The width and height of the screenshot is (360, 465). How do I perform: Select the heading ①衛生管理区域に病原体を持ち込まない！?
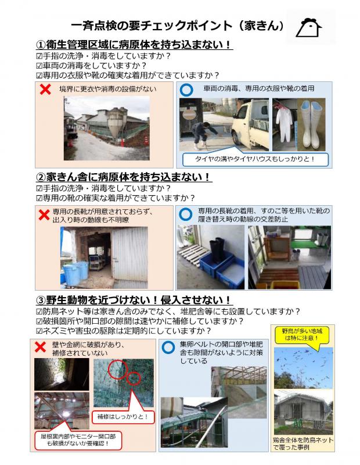(134, 45)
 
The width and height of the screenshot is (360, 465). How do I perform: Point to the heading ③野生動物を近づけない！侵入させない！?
(134, 300)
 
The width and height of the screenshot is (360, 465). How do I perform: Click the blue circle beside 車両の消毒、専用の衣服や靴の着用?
(186, 90)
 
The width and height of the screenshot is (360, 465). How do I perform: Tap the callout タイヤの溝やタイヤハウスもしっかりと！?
(255, 158)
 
